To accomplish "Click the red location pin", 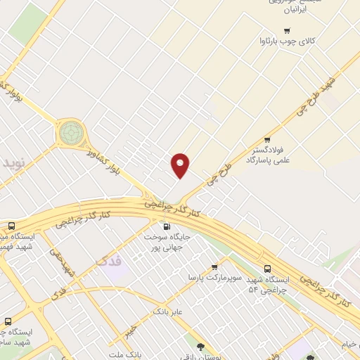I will click(181, 165).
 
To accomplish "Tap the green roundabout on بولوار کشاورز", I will click(71, 131).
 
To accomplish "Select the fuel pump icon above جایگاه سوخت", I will click(166, 226).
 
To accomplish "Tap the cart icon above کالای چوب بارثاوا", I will click(286, 30).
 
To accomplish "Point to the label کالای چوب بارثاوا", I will click(288, 42).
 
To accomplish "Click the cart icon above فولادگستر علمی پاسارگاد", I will click(266, 140).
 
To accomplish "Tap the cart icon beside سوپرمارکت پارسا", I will click(214, 267).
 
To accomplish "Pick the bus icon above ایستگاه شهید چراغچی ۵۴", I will click(267, 269).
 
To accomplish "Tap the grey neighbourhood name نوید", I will click(14, 162).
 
